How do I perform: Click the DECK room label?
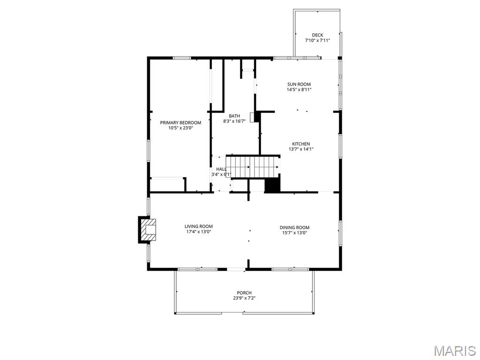click(317, 35)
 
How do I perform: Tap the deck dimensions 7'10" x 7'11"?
click(317, 41)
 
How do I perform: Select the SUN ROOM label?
click(299, 84)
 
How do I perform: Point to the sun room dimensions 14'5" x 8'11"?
click(299, 90)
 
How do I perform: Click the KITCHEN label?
click(301, 144)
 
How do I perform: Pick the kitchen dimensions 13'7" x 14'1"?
click(301, 150)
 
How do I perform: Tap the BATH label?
click(234, 116)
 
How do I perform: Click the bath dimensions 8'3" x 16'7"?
click(234, 121)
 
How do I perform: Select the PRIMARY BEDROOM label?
click(180, 122)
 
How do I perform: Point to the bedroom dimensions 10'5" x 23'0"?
click(180, 128)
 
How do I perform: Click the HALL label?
click(221, 169)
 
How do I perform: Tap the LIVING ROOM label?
click(199, 226)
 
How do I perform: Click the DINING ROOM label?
click(295, 227)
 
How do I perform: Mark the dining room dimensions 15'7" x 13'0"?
click(295, 233)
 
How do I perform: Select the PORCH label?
click(244, 293)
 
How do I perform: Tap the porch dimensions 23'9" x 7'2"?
click(244, 298)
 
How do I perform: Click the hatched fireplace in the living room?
click(148, 230)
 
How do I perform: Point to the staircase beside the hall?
click(253, 167)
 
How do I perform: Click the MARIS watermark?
click(455, 351)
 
